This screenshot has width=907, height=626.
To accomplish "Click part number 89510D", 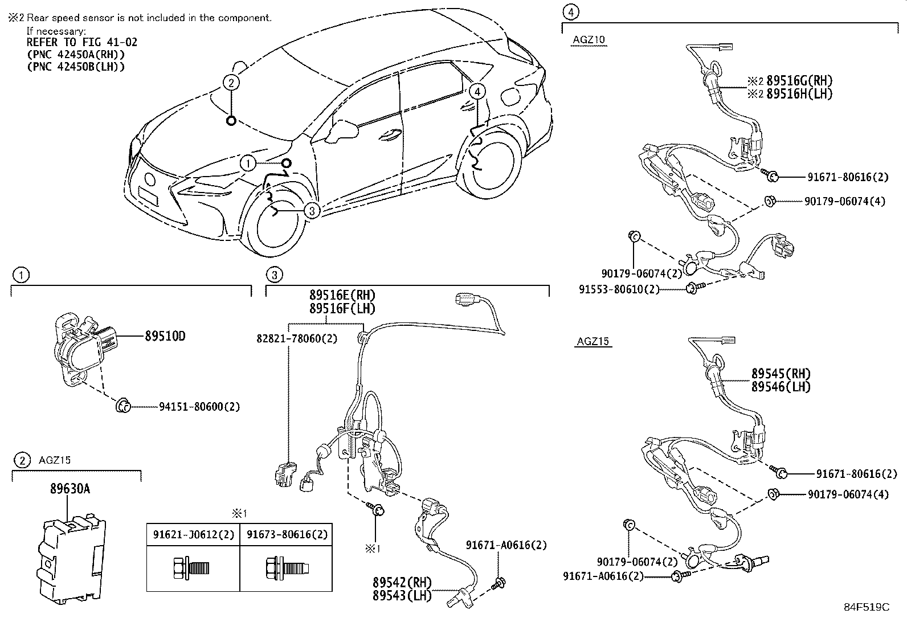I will pos(165,336).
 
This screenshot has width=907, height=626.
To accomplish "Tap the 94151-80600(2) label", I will pos(199,407).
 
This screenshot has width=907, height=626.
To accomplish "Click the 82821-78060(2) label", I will pos(296,338).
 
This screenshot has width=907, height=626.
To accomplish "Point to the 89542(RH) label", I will pos(402,582).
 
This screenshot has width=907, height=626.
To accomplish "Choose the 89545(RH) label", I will pos(781,374).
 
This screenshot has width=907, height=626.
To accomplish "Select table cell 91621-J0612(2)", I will pos(193,534).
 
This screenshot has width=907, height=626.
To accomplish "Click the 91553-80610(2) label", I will pos(619,289).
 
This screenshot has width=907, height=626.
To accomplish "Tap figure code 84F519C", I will pos(866,607).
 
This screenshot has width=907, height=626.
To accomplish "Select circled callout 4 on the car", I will pos(477,91).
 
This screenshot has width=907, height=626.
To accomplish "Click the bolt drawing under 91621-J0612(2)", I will pos(192,567).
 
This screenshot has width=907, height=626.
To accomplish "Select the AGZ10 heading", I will pos(589,40).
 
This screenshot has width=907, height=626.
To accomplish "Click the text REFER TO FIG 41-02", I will pos(82,42).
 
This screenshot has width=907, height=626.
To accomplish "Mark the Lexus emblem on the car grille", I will pos(150,179).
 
